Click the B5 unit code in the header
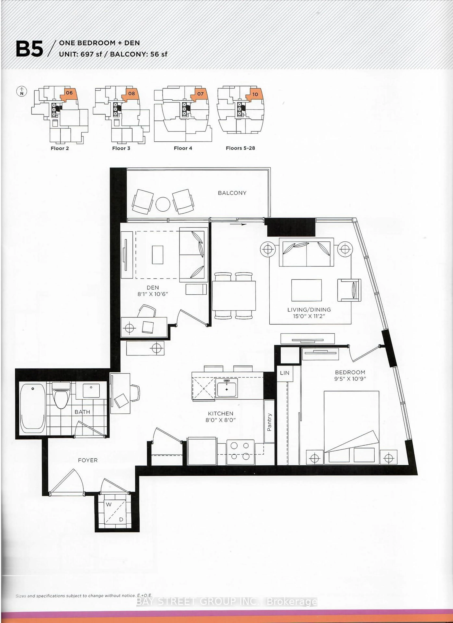(29, 49)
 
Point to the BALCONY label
(232, 193)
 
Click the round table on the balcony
(163, 204)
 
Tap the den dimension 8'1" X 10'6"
(153, 294)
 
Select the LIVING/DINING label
(309, 310)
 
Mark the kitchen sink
(226, 388)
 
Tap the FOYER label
(88, 460)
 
